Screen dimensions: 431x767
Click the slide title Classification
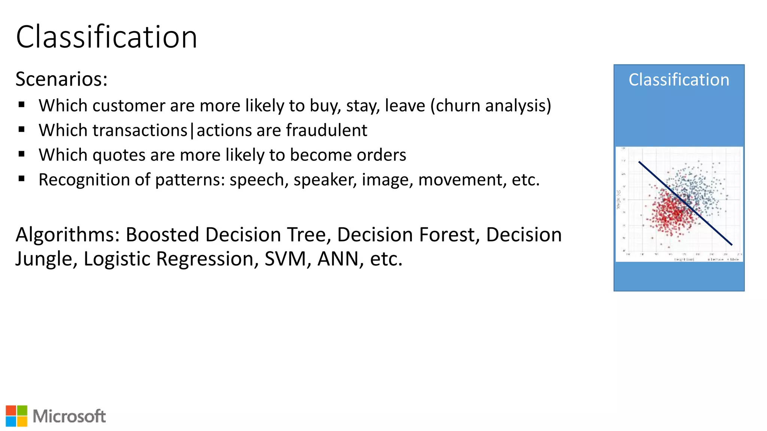[106, 37]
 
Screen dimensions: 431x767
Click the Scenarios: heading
[61, 79]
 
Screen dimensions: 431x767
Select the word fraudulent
[327, 131]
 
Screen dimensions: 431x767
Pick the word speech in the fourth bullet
[258, 180]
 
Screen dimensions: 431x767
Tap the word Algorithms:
[68, 235]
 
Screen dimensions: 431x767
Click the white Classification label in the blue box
[679, 80]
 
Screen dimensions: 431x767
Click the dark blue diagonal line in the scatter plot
[685, 203]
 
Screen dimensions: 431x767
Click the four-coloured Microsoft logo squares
[16, 416]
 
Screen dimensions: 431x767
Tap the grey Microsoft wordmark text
[69, 416]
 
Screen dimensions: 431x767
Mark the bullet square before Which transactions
[22, 130]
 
